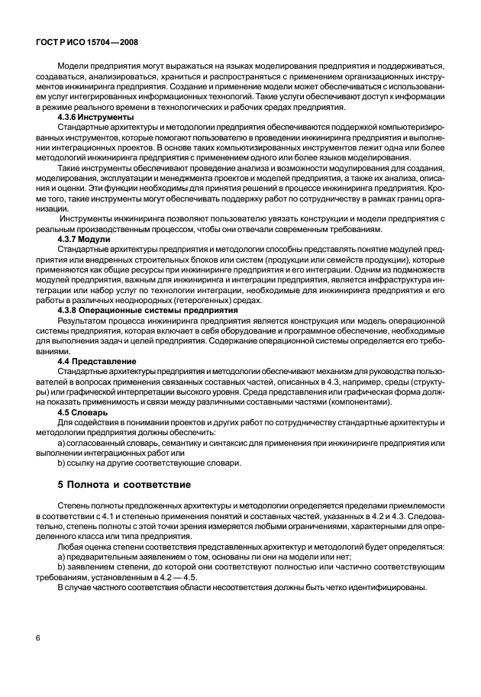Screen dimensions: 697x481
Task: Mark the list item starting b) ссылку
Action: point(148,462)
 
